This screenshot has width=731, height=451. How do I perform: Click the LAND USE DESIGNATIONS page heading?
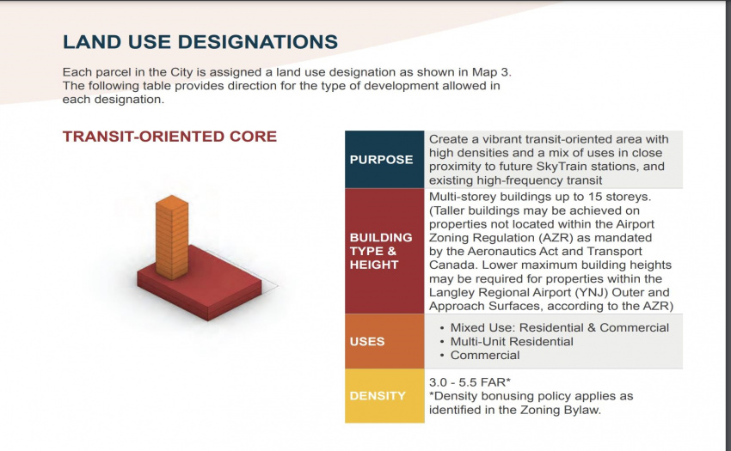(200, 42)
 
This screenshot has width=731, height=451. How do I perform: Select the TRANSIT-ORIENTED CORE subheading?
(169, 137)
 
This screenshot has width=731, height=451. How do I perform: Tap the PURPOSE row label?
(381, 159)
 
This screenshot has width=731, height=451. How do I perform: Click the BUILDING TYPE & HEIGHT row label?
(381, 251)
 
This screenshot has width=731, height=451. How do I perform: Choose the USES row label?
(367, 342)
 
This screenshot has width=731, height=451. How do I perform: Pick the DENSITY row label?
(378, 396)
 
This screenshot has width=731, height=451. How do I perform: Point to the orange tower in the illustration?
(172, 237)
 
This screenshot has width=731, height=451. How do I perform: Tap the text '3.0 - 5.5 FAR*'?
(470, 382)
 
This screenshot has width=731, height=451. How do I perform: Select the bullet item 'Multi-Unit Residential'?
(512, 342)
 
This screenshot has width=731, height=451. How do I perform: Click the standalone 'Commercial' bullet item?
(485, 355)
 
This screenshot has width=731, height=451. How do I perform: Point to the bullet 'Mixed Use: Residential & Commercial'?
(560, 327)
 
